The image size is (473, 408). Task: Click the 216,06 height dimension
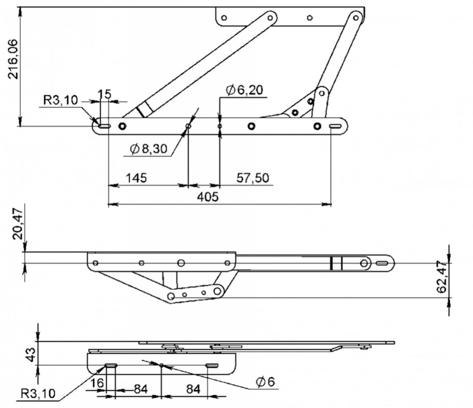[14, 59]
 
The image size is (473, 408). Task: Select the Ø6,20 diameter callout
[244, 90]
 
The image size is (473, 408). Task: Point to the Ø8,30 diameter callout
[149, 149]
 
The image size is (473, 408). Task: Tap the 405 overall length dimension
[207, 197]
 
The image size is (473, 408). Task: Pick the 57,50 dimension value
[253, 178]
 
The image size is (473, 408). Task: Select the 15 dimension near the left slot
[104, 94]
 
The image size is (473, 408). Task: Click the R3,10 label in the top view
[61, 100]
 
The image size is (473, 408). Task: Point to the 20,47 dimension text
[18, 224]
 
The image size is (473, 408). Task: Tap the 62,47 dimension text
[442, 277]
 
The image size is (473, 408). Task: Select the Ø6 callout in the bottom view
[266, 382]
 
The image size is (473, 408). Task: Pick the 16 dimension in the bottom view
[97, 383]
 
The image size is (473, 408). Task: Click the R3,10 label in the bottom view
[38, 393]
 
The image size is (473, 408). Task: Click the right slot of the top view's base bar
[335, 126]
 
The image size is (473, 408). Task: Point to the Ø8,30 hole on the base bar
[189, 126]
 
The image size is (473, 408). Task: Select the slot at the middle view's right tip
[383, 263]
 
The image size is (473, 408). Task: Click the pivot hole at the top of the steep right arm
[356, 18]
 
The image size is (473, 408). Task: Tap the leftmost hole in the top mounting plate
[224, 18]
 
